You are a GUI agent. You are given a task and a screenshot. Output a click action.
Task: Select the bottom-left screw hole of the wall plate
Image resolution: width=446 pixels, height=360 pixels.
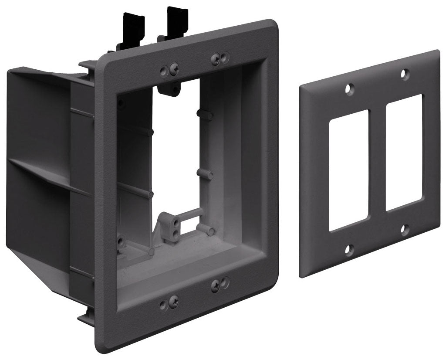[x=348, y=250]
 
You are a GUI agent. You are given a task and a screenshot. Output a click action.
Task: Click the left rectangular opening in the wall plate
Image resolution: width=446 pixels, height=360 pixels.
[x=348, y=170]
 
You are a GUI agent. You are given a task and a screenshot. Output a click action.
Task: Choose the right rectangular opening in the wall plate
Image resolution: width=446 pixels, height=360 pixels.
[x=404, y=152]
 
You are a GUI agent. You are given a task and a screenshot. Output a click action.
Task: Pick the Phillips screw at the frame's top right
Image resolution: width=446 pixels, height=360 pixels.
[x=216, y=58]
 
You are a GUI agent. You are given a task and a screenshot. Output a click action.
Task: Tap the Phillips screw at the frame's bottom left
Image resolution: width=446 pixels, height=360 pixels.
[x=174, y=300]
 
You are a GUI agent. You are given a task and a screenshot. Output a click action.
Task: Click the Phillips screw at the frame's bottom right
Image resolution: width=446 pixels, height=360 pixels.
[x=216, y=285]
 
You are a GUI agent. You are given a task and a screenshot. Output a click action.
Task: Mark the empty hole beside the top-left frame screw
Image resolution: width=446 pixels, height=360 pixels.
[x=165, y=70]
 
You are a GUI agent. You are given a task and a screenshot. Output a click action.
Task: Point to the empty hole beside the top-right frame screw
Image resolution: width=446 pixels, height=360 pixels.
[x=225, y=56]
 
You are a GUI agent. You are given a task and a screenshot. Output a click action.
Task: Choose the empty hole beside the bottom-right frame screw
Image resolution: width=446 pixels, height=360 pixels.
[x=225, y=282]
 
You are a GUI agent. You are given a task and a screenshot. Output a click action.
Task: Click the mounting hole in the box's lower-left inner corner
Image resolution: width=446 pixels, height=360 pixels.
[x=121, y=239]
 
